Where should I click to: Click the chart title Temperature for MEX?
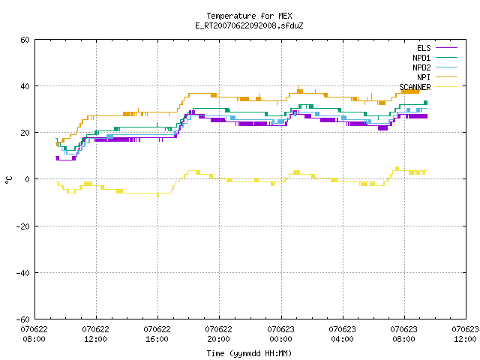249,16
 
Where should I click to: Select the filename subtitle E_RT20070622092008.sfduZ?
249,25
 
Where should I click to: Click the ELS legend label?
424,48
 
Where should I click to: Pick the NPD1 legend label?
421,58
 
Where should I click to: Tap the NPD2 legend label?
421,67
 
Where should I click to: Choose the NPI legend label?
424,77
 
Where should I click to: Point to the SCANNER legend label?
415,87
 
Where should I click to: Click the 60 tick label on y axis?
25,40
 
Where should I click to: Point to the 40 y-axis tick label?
25,86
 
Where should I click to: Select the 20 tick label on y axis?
25,133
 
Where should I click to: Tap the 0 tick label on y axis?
27,179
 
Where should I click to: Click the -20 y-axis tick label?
23,226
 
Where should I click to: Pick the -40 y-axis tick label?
23,273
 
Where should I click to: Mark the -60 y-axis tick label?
23,319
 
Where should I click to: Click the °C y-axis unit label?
9,180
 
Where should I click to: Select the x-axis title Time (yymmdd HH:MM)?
249,353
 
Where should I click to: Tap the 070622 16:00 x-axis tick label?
157,334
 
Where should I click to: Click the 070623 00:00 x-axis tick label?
280,334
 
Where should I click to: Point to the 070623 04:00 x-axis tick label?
342,334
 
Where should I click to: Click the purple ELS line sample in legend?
446,48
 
